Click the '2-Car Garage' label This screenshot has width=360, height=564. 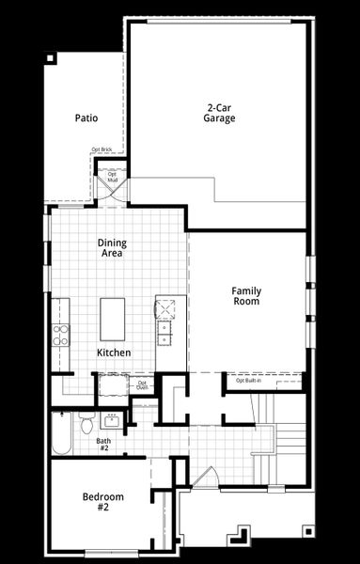(220, 113)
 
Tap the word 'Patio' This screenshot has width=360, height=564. (86, 118)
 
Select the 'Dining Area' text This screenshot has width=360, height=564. (112, 248)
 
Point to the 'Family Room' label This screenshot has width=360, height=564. (246, 296)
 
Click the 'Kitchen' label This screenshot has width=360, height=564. (113, 352)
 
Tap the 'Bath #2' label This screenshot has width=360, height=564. (103, 445)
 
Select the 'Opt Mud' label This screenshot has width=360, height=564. (112, 177)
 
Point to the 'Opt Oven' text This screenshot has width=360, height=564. (143, 384)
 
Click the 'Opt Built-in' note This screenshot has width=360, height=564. (249, 381)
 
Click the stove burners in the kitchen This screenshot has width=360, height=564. (61, 334)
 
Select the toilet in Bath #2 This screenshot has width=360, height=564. (86, 425)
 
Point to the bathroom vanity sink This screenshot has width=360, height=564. (113, 418)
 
